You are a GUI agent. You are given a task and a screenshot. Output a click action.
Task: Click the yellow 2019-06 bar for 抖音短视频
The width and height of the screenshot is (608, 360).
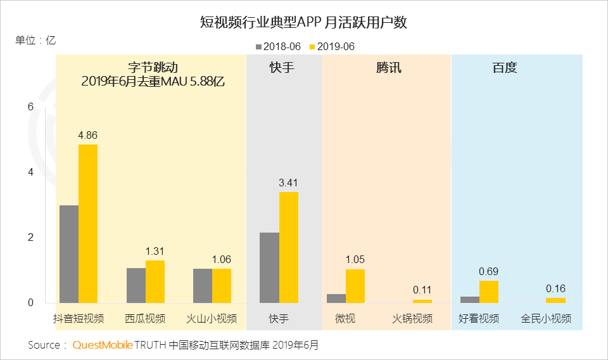[x=88, y=224]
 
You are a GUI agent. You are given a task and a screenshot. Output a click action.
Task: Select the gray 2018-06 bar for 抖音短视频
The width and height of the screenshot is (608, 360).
[x=68, y=254]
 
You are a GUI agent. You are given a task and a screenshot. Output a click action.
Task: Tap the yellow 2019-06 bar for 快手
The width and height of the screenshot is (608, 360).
[x=288, y=247]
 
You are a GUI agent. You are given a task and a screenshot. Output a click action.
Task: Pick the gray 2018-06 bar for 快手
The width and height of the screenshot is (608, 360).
[x=269, y=267]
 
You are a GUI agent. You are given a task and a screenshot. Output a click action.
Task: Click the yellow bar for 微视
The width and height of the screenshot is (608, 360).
[x=355, y=286]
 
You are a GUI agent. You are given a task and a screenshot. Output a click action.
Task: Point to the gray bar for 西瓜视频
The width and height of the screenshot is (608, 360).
[x=136, y=285]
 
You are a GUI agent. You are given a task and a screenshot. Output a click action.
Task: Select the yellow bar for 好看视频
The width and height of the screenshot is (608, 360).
[x=488, y=292]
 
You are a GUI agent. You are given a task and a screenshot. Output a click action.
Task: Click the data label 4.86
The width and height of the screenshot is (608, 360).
[x=87, y=135]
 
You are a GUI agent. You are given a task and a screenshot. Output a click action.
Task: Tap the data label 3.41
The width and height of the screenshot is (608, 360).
[x=288, y=183]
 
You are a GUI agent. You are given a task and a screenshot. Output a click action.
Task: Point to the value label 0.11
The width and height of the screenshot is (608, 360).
[x=422, y=290]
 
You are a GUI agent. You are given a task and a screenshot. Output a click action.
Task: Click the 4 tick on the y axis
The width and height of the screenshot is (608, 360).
[x=30, y=172]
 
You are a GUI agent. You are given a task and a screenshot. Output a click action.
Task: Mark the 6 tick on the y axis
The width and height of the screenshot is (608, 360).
[x=30, y=107]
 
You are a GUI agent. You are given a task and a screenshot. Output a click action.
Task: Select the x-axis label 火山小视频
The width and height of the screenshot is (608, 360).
[x=212, y=318]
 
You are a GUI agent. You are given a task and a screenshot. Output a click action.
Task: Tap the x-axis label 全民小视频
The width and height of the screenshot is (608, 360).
[x=545, y=318]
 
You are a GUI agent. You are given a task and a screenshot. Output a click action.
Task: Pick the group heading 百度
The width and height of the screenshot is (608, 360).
[x=505, y=68]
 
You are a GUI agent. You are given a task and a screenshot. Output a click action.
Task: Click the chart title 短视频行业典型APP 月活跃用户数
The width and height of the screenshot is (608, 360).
[x=303, y=23]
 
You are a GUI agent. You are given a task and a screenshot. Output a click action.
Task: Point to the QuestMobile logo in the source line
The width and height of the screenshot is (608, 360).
[x=103, y=345]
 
